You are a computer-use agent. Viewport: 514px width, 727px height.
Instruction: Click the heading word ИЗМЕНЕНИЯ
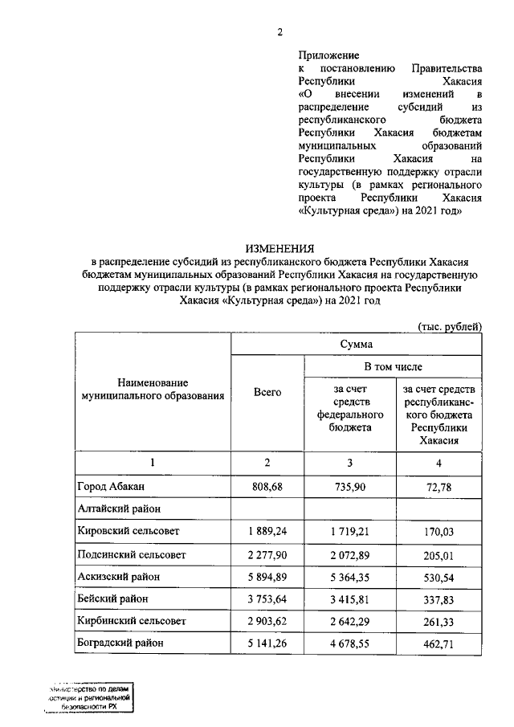[280, 249]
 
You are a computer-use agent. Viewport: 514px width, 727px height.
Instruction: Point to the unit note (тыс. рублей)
[450, 326]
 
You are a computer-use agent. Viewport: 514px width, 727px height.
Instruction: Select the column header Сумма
[356, 344]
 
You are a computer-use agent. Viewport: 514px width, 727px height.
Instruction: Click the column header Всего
[267, 392]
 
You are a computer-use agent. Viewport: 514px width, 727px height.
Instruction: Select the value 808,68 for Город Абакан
[267, 487]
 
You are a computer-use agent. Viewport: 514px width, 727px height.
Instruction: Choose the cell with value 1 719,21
[350, 531]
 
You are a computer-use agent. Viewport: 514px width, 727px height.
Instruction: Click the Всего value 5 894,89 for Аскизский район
[267, 576]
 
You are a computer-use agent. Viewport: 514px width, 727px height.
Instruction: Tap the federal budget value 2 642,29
[350, 621]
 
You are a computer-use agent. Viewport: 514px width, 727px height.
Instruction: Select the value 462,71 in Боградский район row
[439, 643]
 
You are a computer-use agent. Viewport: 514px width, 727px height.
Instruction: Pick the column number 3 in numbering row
[350, 464]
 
